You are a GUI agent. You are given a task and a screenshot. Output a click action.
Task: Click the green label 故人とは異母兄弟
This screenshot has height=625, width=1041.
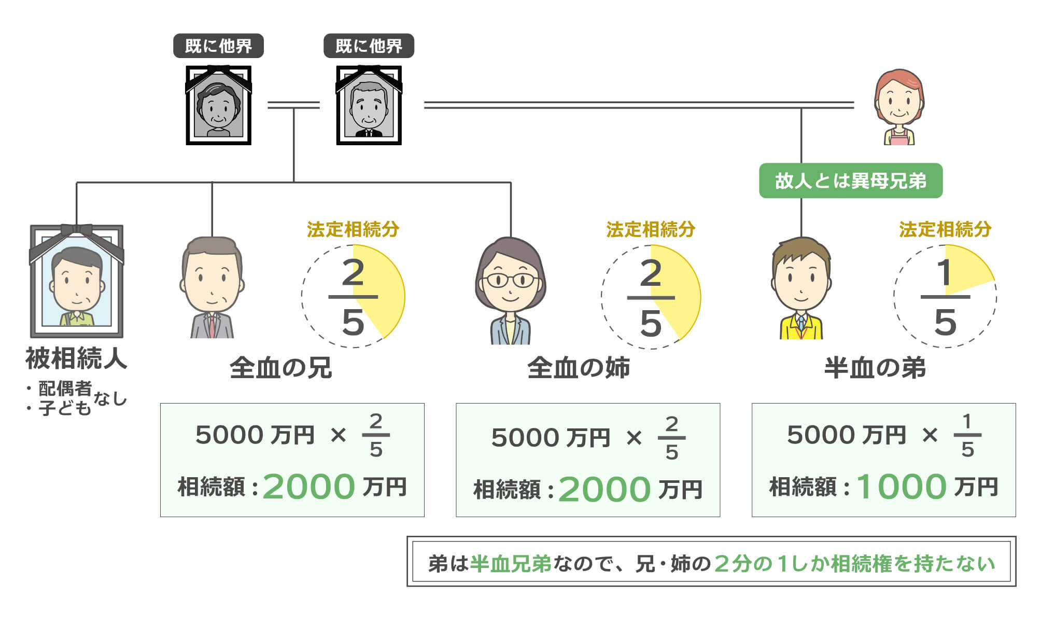(850, 180)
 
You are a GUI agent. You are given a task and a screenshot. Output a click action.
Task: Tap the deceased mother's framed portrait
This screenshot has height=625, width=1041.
(218, 105)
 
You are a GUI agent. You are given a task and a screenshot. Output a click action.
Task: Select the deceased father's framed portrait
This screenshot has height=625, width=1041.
(369, 105)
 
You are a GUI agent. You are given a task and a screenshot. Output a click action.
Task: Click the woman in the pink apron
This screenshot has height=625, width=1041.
(899, 107)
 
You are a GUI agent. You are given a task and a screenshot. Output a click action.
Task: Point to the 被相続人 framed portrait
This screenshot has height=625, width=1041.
(77, 281)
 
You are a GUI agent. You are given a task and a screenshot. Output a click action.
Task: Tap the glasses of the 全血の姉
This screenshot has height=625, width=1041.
(510, 281)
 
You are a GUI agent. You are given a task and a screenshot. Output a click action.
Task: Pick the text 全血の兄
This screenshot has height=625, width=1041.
(280, 368)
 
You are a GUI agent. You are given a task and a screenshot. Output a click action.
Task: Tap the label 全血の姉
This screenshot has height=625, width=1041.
(579, 368)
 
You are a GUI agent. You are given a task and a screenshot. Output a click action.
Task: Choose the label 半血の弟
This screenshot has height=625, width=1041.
(875, 368)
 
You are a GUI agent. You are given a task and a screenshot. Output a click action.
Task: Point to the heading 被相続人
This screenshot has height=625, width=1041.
(76, 358)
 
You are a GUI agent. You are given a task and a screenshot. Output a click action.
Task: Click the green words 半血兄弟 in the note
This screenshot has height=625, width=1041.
(510, 564)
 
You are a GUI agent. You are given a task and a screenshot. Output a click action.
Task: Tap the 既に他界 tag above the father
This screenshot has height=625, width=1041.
(369, 46)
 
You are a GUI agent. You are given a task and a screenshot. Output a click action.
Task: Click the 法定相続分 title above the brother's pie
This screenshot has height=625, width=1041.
(353, 229)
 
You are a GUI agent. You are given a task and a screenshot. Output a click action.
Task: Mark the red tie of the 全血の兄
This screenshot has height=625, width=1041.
(212, 327)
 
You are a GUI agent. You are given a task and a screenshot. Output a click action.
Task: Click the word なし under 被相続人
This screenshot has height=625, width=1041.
(110, 399)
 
